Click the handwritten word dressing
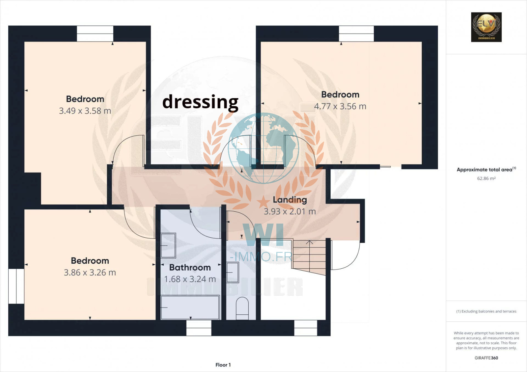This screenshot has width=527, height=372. coord(201,102)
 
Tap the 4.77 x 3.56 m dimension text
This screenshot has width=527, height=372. coord(340,106)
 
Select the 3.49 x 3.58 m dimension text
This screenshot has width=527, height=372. coord(85,111)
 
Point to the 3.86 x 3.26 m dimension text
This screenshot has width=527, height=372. coord(90,273)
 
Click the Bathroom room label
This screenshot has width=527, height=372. coord(190,267)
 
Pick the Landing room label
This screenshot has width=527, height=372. coord(290,200)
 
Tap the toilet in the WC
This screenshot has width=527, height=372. coord(242,308)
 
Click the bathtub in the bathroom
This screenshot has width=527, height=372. coord(190,307)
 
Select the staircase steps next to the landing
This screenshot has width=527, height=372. coord(309,257)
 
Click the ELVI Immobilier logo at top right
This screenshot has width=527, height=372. coord(486,27)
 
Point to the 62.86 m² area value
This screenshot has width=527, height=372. coord(486,178)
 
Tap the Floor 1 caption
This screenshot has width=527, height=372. coord(223,365)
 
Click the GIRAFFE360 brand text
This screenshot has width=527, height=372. coord(486,358)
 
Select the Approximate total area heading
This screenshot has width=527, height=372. coord(486,169)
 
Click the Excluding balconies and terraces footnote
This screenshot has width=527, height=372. coord(486,311)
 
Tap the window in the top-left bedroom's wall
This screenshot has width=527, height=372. coord(95,33)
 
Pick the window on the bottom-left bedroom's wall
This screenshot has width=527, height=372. coord(16,286)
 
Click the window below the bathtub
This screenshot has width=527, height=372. coord(199,328)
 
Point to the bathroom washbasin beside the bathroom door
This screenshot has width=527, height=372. coord(168,245)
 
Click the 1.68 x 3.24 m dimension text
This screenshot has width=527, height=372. coord(190,279)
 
